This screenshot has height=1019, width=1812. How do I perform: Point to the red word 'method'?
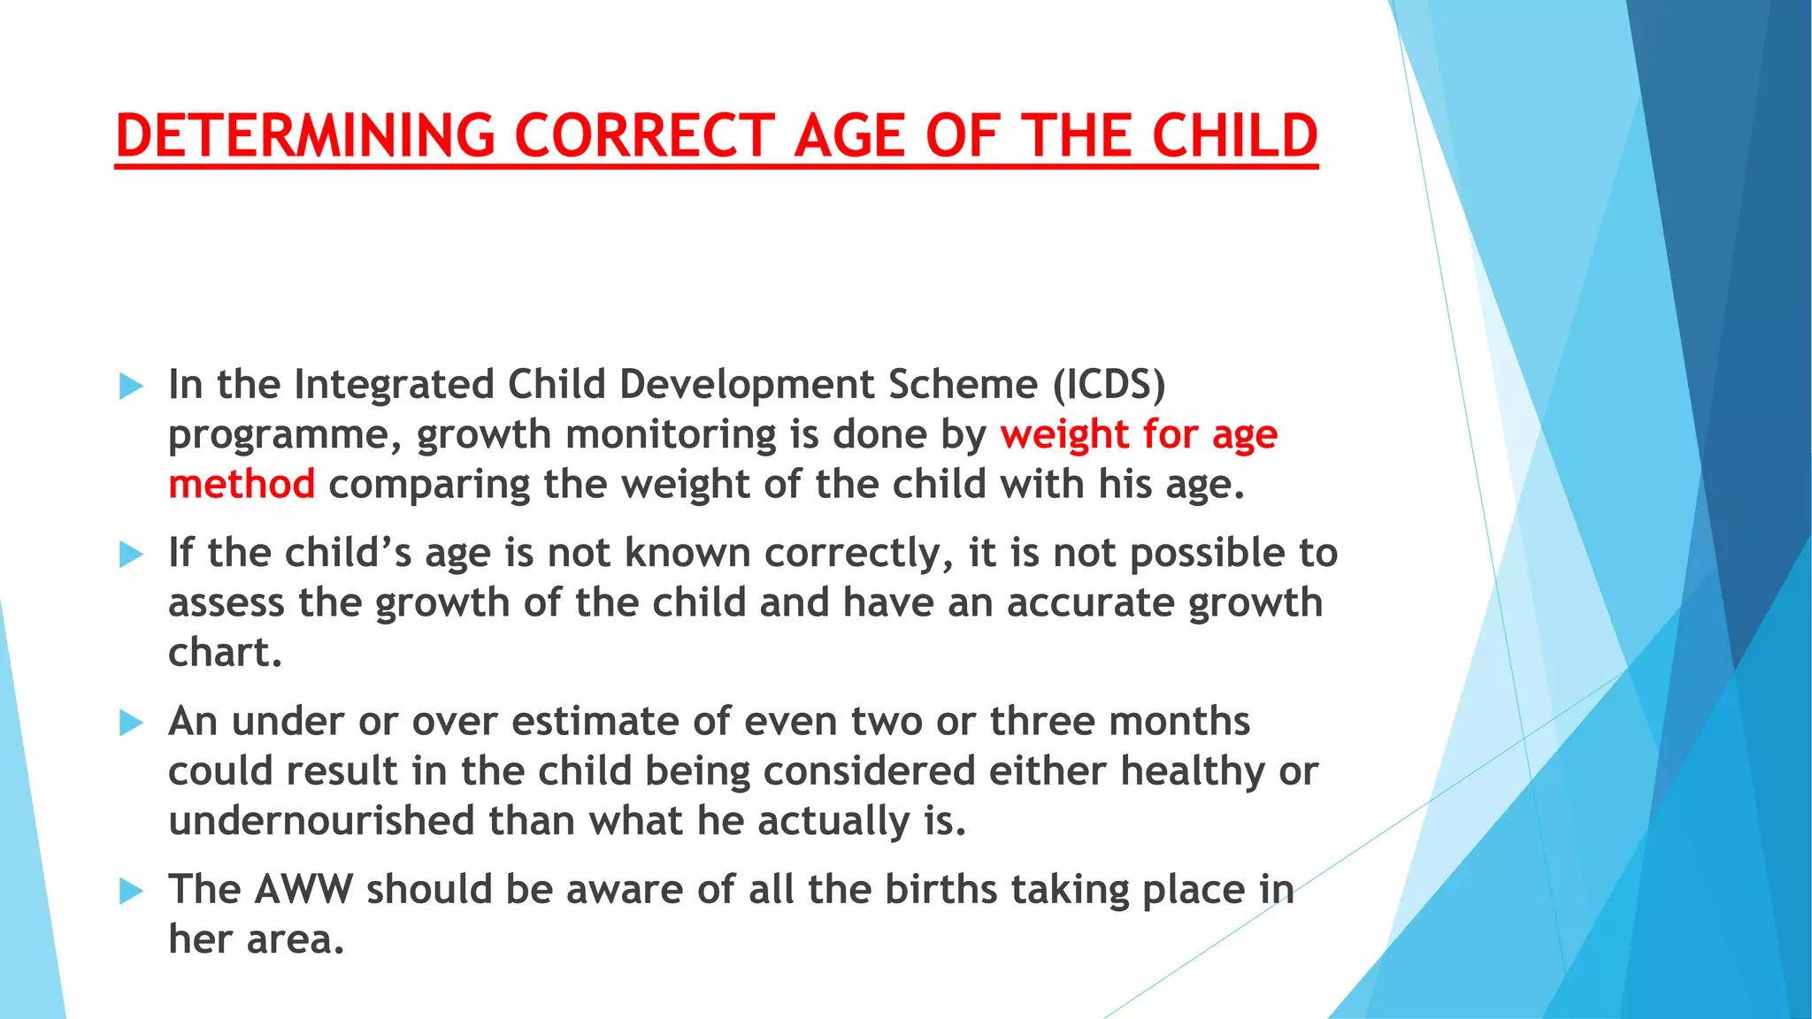(242, 485)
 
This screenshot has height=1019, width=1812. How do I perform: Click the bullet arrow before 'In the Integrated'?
(131, 387)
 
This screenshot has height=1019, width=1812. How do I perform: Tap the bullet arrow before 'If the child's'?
(131, 555)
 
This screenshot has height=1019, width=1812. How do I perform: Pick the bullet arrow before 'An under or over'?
(131, 723)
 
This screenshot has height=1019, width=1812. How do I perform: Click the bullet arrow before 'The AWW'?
(131, 891)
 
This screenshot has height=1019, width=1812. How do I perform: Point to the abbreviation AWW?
(303, 890)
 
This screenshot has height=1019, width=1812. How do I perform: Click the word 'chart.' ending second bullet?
(225, 653)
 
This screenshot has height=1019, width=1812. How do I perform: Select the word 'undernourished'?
(321, 821)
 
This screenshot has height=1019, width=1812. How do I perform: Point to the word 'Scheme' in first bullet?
(963, 385)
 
